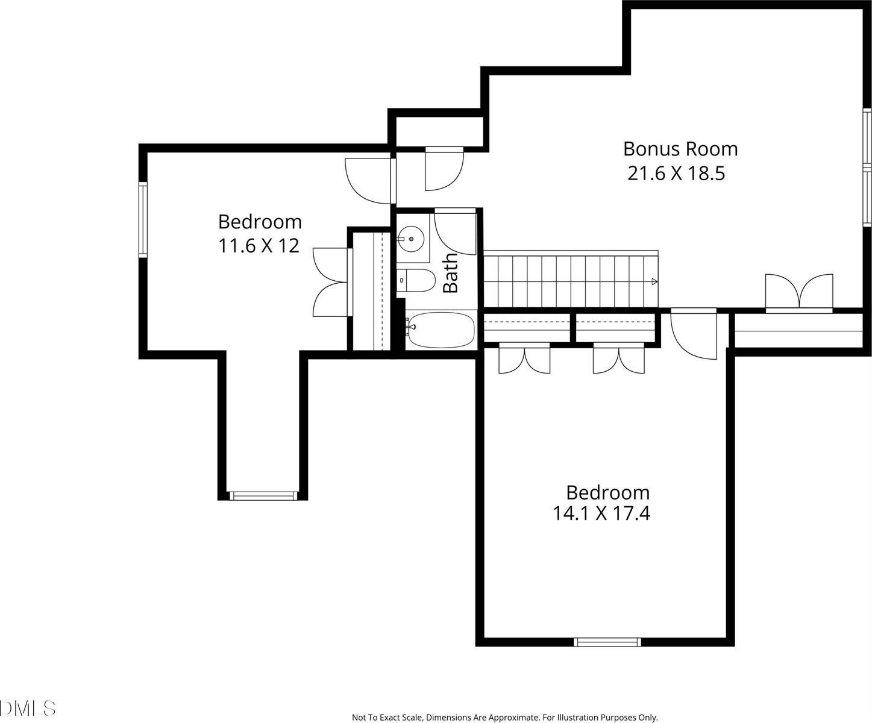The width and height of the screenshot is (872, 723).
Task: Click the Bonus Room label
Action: click(680, 148)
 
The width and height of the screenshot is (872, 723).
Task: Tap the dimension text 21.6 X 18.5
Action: click(676, 174)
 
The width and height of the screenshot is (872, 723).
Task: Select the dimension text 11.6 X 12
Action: click(259, 246)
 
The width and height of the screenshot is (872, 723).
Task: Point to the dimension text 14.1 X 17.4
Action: click(601, 513)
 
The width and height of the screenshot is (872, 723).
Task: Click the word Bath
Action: click(450, 273)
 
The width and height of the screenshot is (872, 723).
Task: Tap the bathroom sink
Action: click(412, 239)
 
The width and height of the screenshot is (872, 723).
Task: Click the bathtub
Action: click(440, 330)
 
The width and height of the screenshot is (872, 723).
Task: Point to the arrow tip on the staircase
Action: click(654, 281)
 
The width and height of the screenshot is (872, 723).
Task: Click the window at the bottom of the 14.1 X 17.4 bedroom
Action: click(607, 642)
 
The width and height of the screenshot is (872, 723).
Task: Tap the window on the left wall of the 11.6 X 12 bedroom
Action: click(143, 219)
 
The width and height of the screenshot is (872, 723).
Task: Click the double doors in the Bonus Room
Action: click(799, 293)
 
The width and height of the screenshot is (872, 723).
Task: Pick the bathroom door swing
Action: click(455, 232)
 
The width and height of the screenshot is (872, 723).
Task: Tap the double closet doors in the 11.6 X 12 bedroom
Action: click(331, 282)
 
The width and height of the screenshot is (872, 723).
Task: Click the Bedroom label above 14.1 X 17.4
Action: click(607, 492)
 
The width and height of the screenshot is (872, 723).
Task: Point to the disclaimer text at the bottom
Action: click(504, 718)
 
